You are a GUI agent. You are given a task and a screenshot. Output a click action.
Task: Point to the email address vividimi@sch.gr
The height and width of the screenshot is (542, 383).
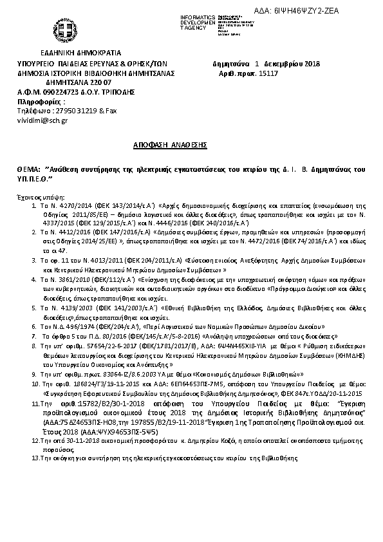click(42, 120)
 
